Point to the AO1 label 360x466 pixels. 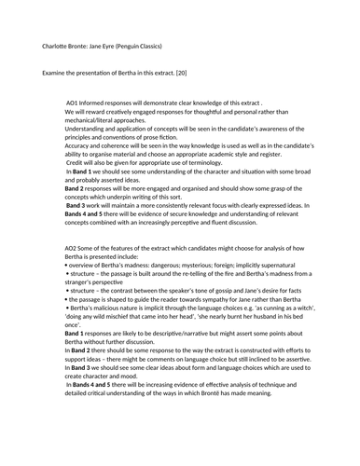tap(74, 102)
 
